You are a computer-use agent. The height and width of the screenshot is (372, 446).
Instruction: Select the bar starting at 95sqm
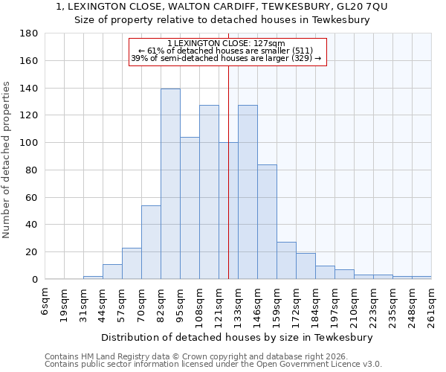(190, 208)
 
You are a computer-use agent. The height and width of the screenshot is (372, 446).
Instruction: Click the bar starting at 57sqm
(132, 263)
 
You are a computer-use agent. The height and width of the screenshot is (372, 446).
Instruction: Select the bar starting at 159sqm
(286, 260)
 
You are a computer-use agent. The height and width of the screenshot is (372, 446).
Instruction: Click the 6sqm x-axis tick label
(45, 301)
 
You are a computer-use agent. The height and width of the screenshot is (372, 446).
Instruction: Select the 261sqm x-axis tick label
(432, 305)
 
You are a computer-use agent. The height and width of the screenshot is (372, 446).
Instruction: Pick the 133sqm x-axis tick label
(239, 305)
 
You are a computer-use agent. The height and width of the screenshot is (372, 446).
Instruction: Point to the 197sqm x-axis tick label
(335, 305)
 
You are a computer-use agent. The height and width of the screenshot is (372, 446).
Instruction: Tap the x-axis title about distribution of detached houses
(236, 337)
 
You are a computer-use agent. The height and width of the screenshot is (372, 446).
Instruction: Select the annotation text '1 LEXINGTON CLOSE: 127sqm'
(225, 44)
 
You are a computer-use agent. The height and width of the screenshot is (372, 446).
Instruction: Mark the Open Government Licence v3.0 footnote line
(213, 364)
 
